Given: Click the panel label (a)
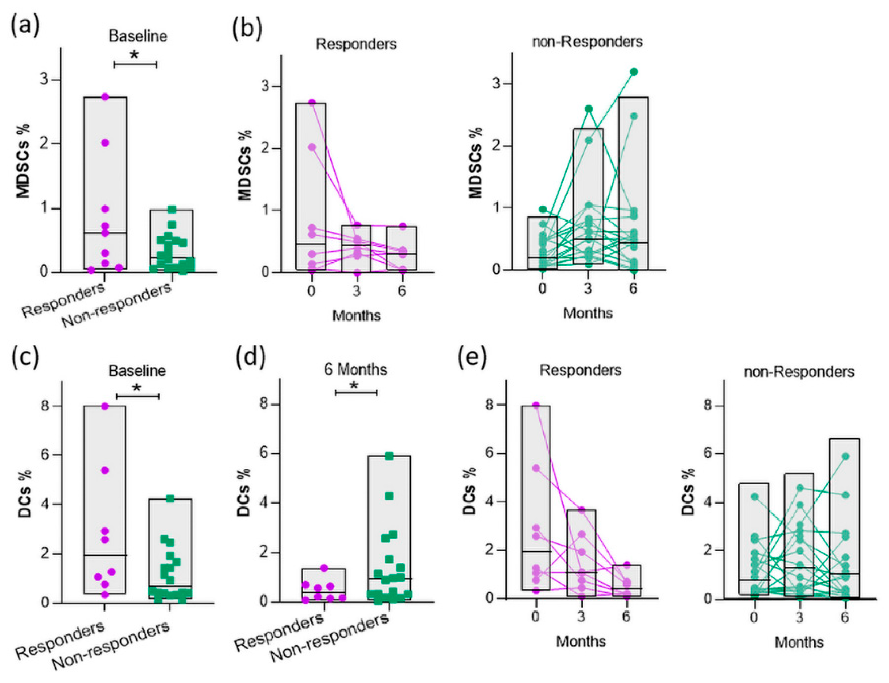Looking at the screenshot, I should pyautogui.click(x=25, y=27).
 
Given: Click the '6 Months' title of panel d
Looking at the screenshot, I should pyautogui.click(x=355, y=369).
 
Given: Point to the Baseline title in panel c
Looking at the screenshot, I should pyautogui.click(x=137, y=371).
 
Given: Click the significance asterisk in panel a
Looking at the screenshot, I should pyautogui.click(x=134, y=55).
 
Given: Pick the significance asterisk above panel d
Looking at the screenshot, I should pyautogui.click(x=354, y=385).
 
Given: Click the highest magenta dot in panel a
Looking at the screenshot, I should pyautogui.click(x=105, y=97).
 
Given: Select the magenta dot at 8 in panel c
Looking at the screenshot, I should pyautogui.click(x=105, y=406).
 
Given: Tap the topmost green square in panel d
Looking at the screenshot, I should pyautogui.click(x=389, y=456).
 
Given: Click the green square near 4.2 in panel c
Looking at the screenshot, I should pyautogui.click(x=170, y=499).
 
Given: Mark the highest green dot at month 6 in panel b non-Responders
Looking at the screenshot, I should pyautogui.click(x=634, y=72).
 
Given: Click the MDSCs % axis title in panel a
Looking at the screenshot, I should pyautogui.click(x=24, y=161).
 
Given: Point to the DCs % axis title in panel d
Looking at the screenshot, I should pyautogui.click(x=243, y=492).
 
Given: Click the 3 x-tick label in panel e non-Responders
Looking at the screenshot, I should pyautogui.click(x=799, y=617).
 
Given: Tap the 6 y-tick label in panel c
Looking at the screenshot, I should pyautogui.click(x=45, y=455).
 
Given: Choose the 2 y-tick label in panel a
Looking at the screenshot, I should pyautogui.click(x=45, y=144).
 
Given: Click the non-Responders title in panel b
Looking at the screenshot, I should pyautogui.click(x=587, y=42).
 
